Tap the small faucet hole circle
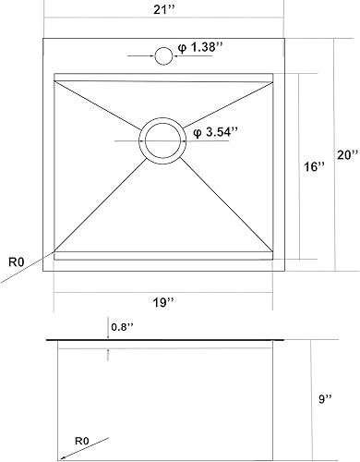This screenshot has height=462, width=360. pyautogui.click(x=163, y=56)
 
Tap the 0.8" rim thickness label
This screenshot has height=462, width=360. pyautogui.click(x=122, y=326)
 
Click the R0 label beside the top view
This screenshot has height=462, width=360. pyautogui.click(x=16, y=261)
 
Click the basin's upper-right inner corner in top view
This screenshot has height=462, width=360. pyautogui.click(x=274, y=75)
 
